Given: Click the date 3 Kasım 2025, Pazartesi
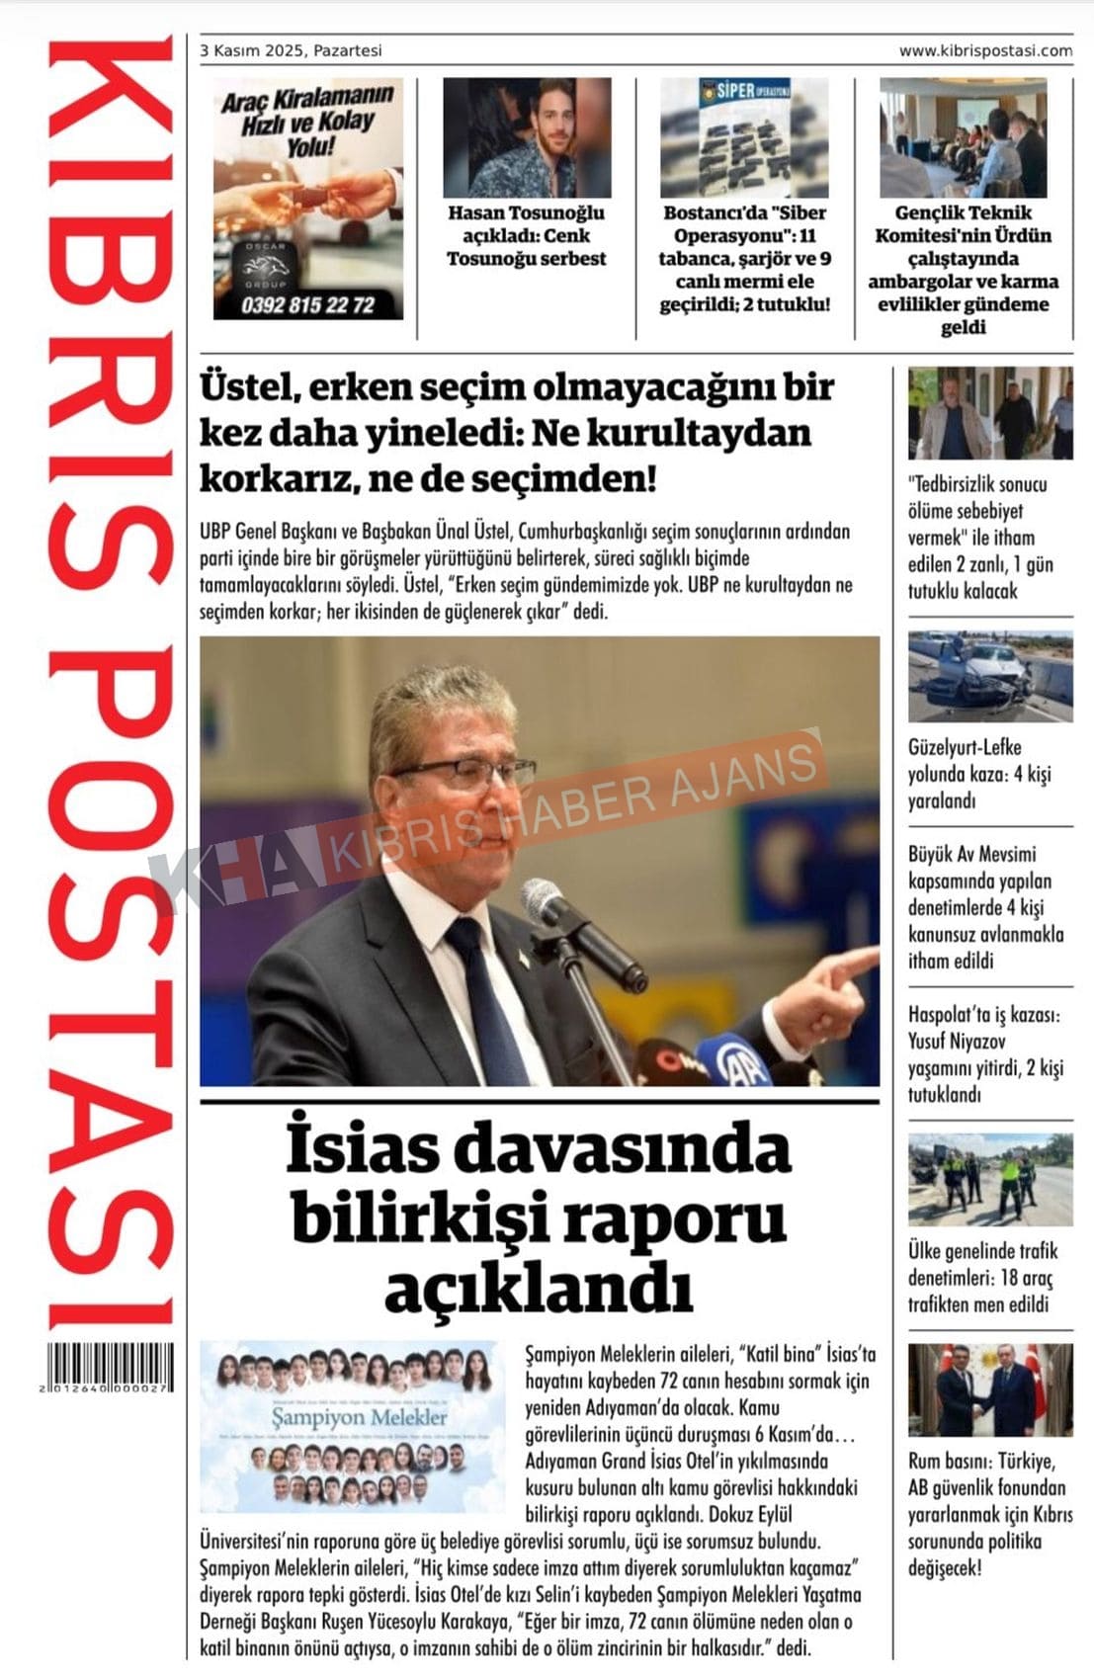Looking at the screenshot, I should coord(291,50).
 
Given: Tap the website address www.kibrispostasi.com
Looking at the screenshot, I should coord(984,50).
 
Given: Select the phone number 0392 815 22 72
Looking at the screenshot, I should coord(308,305).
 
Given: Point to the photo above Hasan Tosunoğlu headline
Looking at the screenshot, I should coord(527,137).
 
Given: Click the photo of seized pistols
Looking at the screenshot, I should coord(744,137).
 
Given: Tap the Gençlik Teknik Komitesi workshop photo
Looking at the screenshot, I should coord(963,137).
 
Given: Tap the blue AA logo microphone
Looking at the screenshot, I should coord(743,1064).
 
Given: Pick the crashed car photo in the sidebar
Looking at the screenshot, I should coord(989,676).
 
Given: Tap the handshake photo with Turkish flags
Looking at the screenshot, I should coord(989,1388).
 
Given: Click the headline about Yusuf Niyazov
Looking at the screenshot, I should coord(984,1054).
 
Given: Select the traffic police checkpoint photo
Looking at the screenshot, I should coord(989,1179).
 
